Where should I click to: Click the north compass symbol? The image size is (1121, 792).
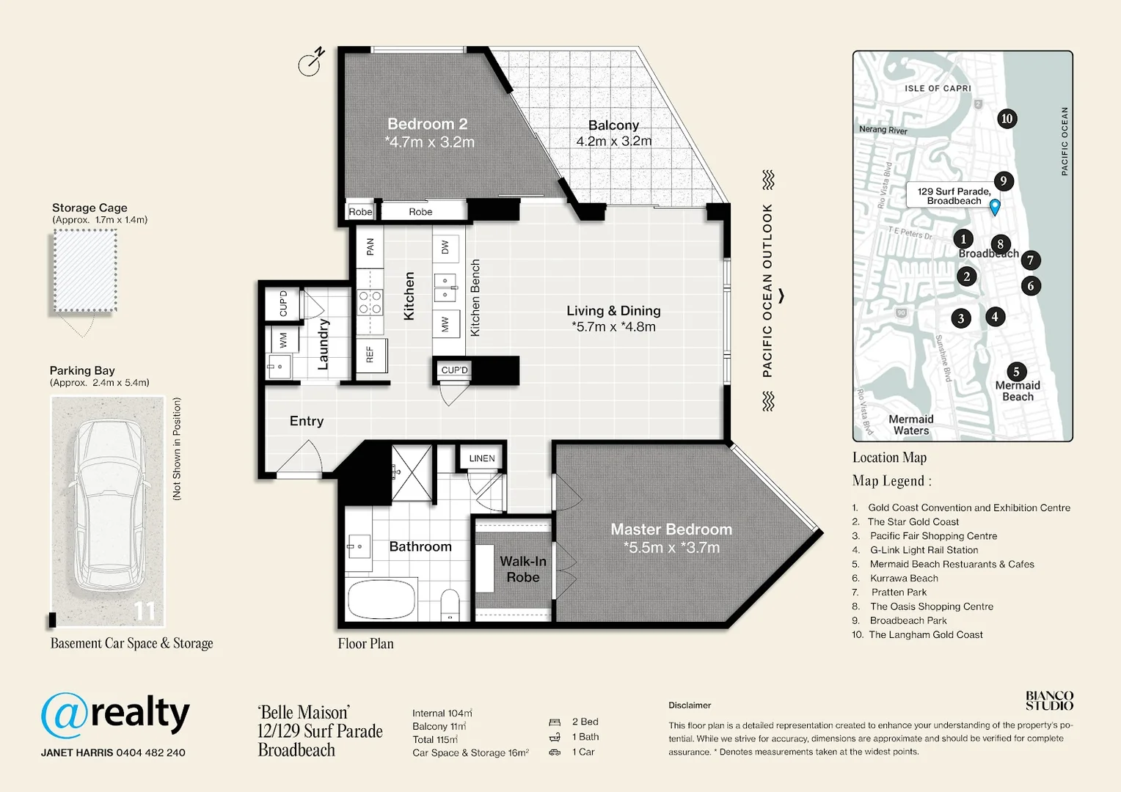311,62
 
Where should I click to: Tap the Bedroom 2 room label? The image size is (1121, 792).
428,124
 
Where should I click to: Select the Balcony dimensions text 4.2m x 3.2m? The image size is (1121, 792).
613,141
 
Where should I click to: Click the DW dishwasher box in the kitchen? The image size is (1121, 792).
445,247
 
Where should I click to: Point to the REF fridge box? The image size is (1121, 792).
371,355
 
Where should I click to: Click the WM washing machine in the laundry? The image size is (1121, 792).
283,340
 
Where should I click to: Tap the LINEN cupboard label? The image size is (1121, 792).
482,458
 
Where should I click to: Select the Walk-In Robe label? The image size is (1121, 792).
523,569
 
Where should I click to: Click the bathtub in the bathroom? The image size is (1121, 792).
381,599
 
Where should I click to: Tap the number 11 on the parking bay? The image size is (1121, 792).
145,612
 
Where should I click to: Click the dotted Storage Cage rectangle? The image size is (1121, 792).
85,271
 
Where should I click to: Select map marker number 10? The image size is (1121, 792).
1007,119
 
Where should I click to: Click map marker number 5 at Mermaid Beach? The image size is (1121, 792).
1016,372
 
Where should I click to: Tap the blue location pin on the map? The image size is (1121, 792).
995,207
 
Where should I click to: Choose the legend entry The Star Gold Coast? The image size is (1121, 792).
913,522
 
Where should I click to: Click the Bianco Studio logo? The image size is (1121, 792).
1049,701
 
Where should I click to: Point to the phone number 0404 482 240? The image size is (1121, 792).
150,752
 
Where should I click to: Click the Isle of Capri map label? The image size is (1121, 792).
938,89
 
